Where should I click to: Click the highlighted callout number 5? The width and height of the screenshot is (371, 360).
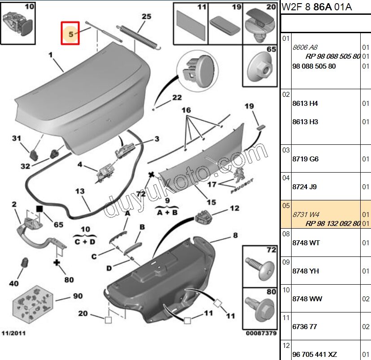70,33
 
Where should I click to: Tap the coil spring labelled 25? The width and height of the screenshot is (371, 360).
139,35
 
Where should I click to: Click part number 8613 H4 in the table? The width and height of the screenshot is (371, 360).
305,104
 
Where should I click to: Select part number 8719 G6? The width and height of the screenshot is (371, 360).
305,159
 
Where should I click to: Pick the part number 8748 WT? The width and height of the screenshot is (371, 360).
306,243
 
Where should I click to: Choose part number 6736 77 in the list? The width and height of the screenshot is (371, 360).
305,327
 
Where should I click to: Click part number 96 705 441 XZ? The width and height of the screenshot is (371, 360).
314,355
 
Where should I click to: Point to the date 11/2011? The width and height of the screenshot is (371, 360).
13,334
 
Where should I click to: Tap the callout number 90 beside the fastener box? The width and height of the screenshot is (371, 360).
78,296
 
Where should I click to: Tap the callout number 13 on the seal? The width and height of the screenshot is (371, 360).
79,191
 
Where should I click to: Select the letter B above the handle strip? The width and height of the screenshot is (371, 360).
142,227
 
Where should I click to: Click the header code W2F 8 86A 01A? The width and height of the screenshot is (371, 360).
317,7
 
